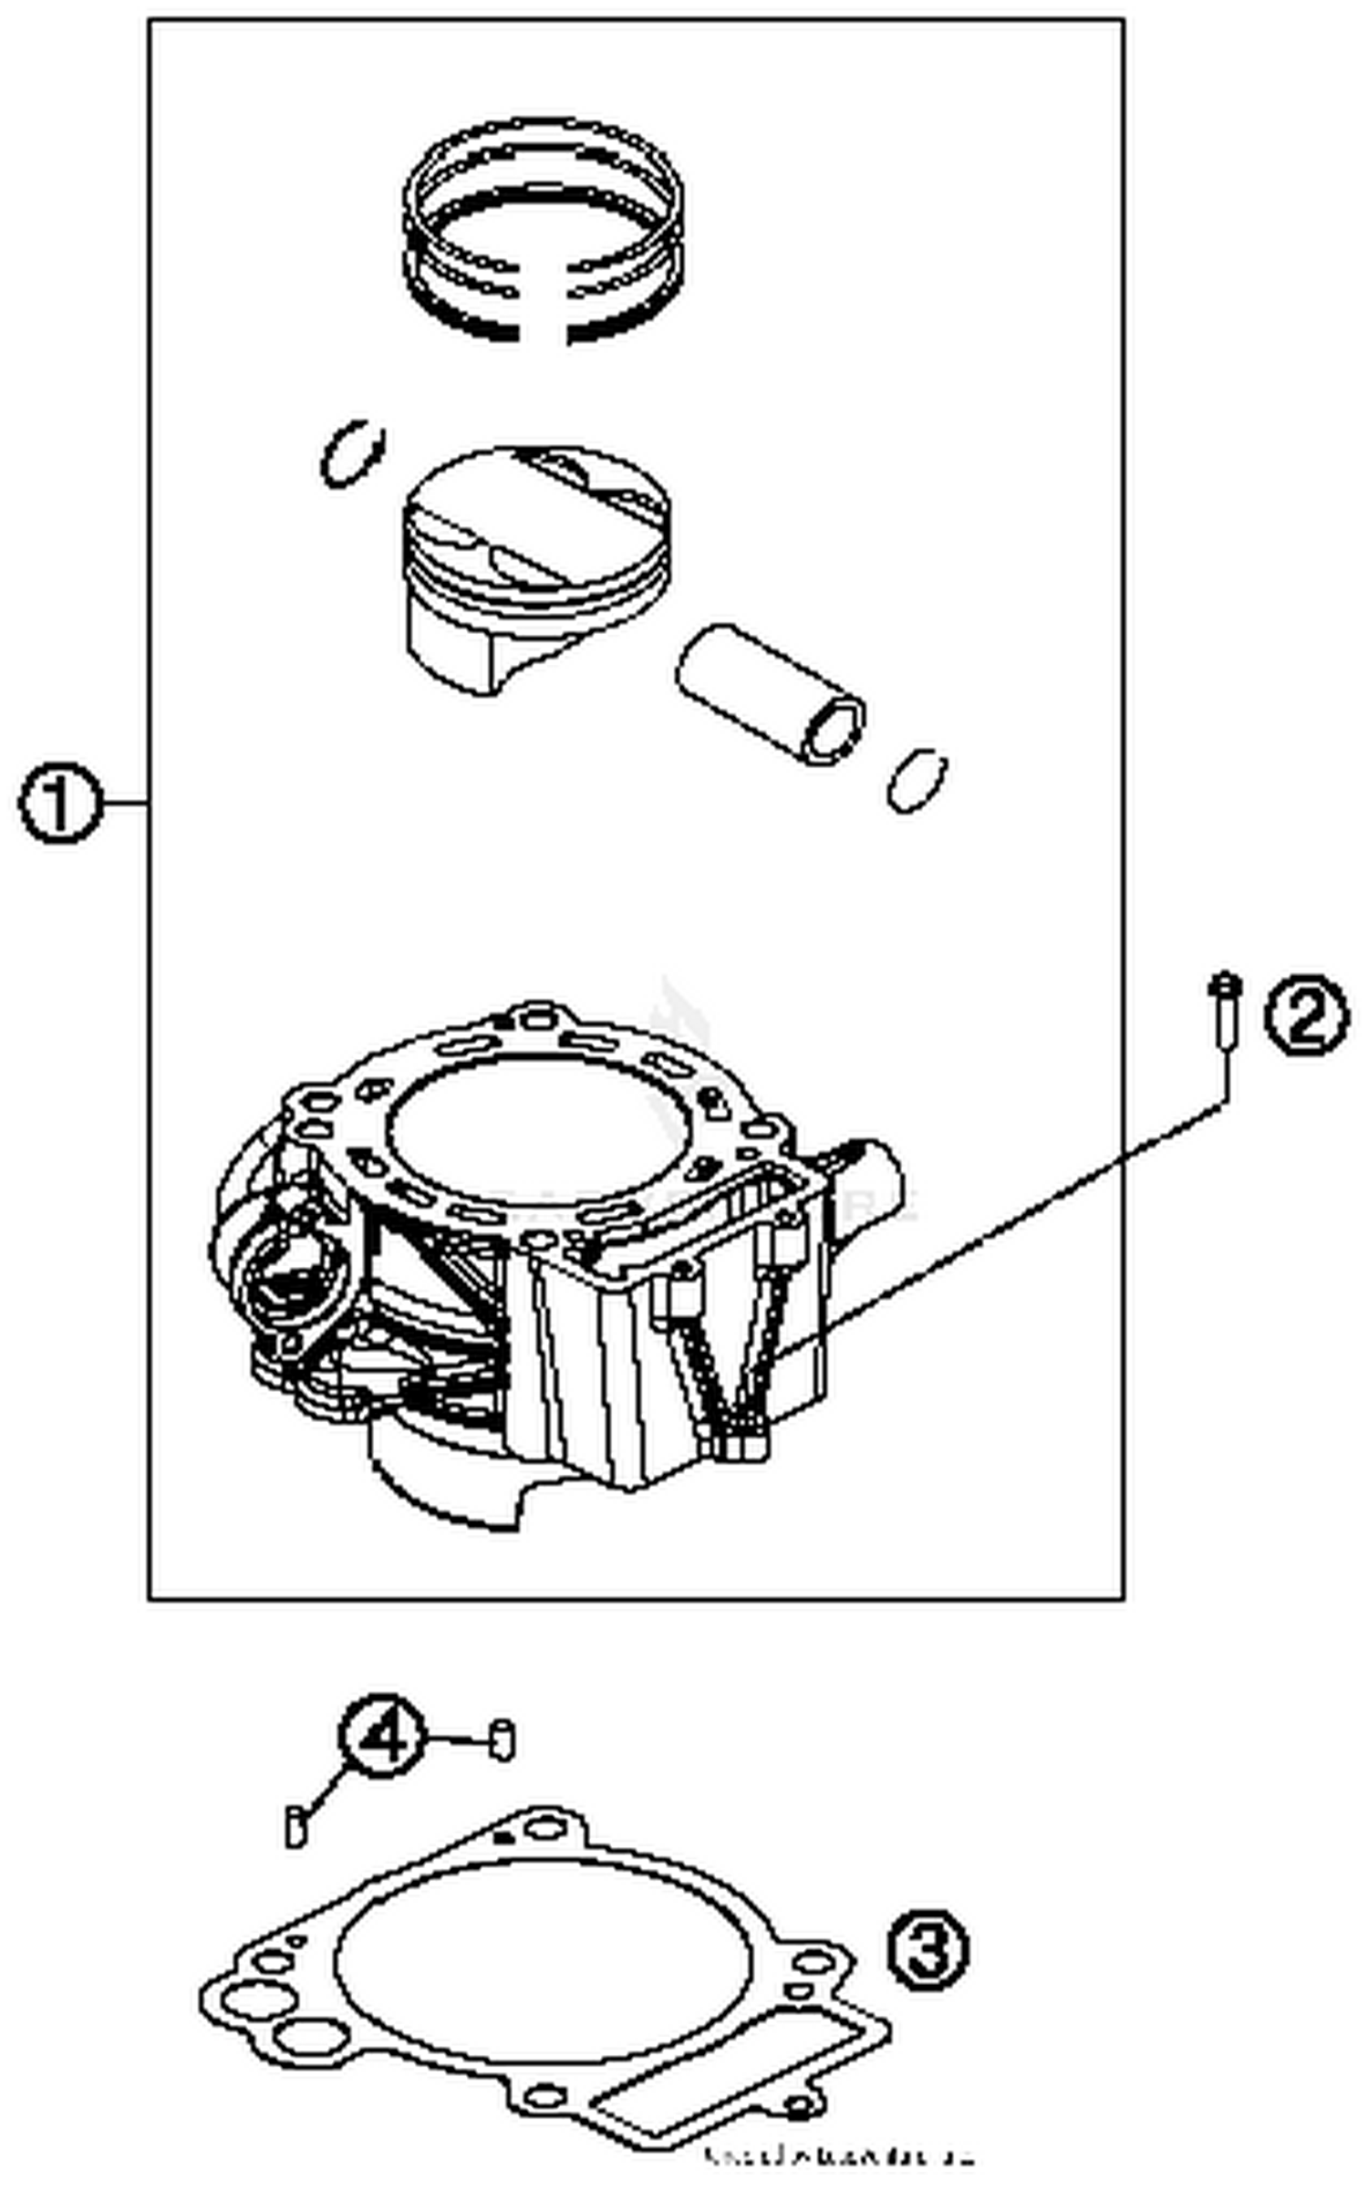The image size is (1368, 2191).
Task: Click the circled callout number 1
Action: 58,805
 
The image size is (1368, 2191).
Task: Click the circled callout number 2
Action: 1305,1015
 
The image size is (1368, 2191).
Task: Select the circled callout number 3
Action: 928,1951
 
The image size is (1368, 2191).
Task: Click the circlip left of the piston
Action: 352,453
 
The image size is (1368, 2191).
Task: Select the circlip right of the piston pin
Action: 917,780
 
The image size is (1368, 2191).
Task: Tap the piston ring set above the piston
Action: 543,228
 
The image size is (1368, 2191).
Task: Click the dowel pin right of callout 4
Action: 503,1739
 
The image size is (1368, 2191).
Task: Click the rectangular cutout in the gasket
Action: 730,2062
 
